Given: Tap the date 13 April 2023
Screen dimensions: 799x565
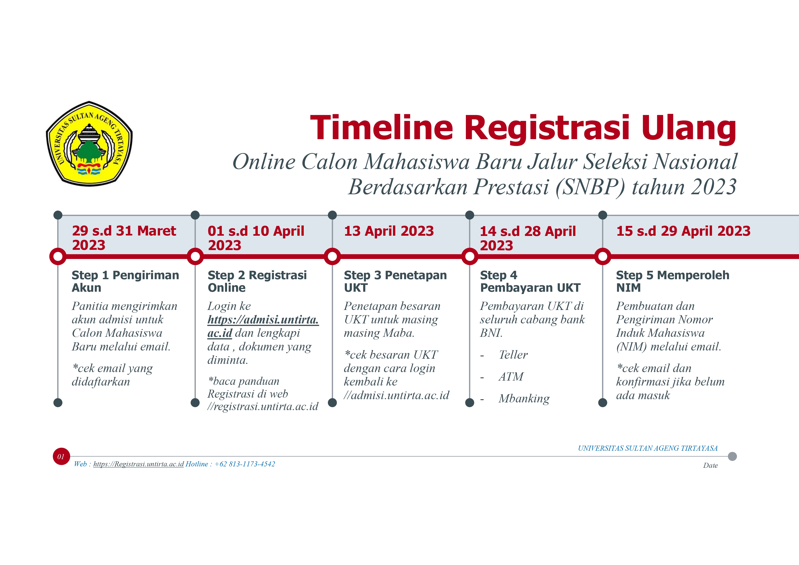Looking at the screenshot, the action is pyautogui.click(x=389, y=231).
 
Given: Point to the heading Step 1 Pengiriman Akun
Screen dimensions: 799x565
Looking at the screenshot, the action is pyautogui.click(x=125, y=281).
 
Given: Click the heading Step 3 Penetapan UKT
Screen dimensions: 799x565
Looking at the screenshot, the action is pyautogui.click(x=395, y=281).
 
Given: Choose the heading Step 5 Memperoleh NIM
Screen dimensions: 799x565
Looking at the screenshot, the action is pyautogui.click(x=673, y=281).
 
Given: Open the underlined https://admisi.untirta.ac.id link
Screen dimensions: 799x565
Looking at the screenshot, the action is pyautogui.click(x=263, y=326).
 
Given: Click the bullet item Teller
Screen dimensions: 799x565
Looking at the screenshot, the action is pyautogui.click(x=513, y=355).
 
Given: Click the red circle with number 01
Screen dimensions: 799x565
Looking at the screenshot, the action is pyautogui.click(x=61, y=456).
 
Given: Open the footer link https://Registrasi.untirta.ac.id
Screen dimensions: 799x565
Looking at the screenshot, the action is pyautogui.click(x=138, y=464).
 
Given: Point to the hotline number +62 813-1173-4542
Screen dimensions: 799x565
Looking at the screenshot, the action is pyautogui.click(x=245, y=464).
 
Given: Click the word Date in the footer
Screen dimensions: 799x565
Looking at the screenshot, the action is pyautogui.click(x=710, y=465).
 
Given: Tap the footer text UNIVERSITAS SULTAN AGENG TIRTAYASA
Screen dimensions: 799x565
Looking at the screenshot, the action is pyautogui.click(x=648, y=448).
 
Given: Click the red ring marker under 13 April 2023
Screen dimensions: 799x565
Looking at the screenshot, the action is pyautogui.click(x=332, y=257).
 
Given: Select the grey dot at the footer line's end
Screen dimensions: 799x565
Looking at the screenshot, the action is pyautogui.click(x=733, y=456).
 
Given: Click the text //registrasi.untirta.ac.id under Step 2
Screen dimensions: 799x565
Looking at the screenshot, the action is pyautogui.click(x=263, y=406).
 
